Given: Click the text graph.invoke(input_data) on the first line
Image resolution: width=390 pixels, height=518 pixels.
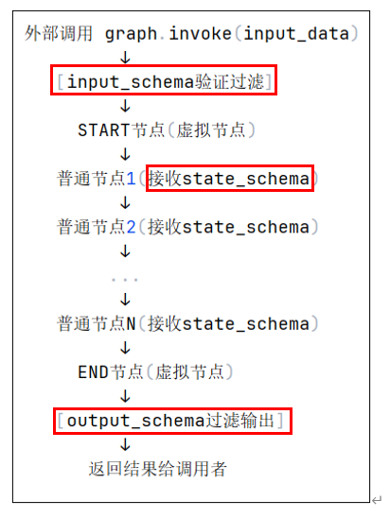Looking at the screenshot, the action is point(232,34).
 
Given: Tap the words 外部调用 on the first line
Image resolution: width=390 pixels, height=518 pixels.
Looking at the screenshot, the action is point(59,34).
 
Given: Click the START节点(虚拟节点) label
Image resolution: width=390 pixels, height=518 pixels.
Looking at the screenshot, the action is point(167,129).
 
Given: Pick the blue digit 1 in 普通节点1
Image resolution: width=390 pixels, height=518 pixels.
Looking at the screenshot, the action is point(132,179).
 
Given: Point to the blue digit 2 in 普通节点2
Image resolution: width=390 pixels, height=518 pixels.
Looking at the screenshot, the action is point(132,227).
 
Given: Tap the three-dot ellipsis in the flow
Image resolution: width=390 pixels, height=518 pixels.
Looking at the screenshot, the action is point(125,280).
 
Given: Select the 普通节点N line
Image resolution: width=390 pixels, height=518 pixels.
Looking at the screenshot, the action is point(187,323).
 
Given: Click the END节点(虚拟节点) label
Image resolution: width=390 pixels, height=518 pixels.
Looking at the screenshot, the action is point(156,372).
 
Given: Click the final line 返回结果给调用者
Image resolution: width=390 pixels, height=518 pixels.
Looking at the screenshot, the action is point(158,469).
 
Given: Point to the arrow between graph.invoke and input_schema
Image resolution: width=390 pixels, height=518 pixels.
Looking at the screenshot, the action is point(125,57).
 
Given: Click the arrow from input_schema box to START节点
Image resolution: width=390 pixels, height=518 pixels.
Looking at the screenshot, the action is point(125,106).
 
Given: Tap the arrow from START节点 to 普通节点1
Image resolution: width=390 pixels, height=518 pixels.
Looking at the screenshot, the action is point(125,154).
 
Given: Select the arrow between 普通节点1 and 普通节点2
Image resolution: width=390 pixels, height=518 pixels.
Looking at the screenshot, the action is point(125,202).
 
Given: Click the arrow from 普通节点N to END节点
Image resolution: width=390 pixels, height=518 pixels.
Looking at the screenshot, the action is point(125,348).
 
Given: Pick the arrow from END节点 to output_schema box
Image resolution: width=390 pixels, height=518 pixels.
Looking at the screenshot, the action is point(125,396).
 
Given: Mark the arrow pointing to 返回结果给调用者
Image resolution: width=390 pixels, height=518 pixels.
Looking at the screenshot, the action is point(125,444).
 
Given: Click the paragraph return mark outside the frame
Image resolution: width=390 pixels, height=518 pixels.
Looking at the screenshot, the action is point(377,500).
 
